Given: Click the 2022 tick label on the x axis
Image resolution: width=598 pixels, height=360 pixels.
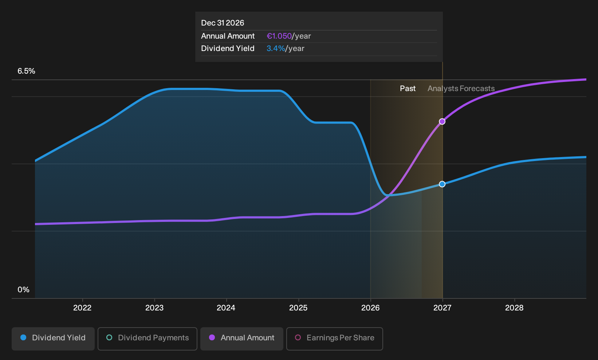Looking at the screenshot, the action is (x=82, y=308).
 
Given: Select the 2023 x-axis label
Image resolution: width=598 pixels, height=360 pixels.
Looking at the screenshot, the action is (x=154, y=308).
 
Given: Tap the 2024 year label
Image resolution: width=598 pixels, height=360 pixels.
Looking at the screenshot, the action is (x=226, y=308).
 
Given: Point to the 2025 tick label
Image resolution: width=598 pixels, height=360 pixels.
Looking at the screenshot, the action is (x=298, y=308).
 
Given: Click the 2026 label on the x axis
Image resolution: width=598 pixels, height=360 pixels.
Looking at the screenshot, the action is (x=370, y=308).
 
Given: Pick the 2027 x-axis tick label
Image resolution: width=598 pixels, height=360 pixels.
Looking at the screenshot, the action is (x=442, y=308).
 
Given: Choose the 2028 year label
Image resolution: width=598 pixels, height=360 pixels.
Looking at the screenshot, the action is (x=514, y=308).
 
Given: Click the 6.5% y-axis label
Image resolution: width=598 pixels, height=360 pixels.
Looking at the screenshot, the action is (x=26, y=71).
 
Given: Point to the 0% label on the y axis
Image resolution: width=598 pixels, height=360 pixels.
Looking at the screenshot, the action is (x=24, y=290).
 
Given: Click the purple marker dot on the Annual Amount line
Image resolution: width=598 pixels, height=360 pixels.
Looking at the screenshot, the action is (x=442, y=121).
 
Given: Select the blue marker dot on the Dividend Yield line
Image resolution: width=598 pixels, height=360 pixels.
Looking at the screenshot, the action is (x=442, y=184).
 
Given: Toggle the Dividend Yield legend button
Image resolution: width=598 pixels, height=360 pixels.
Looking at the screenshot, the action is (x=53, y=339).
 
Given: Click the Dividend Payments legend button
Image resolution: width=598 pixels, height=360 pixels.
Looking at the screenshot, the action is (x=147, y=339).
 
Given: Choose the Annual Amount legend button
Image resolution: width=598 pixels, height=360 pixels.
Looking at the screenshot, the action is (x=241, y=339).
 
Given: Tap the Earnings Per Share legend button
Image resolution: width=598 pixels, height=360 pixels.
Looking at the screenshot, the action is (x=334, y=339).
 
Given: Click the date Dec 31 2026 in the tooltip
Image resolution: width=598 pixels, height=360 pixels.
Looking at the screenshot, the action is (x=223, y=23).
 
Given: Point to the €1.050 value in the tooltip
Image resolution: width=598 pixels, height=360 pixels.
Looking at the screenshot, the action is (x=279, y=36).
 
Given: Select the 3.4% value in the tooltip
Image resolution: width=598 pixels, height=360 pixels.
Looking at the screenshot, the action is (x=276, y=48).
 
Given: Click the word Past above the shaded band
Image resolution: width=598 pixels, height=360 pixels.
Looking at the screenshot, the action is (x=408, y=89).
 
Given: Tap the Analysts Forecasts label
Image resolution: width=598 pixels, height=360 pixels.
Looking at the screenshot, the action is (x=461, y=89).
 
